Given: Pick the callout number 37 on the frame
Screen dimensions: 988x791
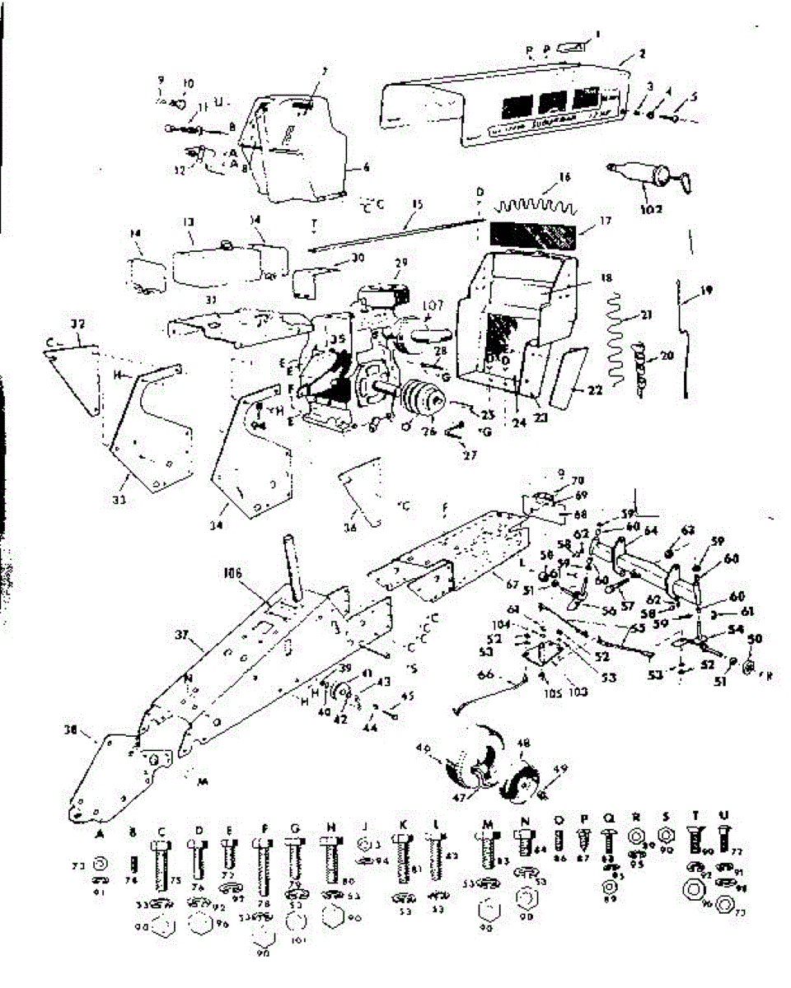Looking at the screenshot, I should point(183,634).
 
